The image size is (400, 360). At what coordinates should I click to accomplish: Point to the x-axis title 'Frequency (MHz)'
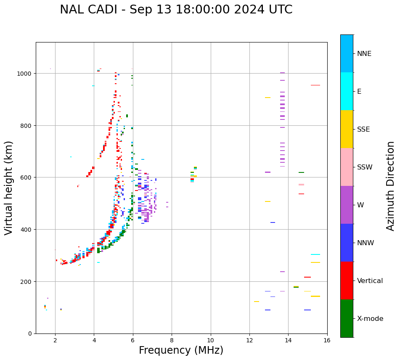(x=181, y=350)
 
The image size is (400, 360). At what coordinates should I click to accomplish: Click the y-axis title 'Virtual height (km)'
(x=9, y=188)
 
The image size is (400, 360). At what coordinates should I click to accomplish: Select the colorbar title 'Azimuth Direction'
(x=391, y=186)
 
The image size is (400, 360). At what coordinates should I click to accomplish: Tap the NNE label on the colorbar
(x=364, y=53)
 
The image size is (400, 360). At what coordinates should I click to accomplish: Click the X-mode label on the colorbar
(x=370, y=319)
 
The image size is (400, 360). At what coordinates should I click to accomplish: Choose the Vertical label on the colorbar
(x=370, y=281)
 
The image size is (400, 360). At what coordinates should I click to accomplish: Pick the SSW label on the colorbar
(x=365, y=167)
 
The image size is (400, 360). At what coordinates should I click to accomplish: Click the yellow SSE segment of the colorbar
(x=347, y=129)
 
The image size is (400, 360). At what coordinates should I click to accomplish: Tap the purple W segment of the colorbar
(x=347, y=205)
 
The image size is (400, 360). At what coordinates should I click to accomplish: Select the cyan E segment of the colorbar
(x=347, y=91)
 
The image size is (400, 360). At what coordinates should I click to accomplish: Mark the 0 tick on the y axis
(x=30, y=334)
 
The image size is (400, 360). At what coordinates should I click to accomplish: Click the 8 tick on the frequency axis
(x=172, y=340)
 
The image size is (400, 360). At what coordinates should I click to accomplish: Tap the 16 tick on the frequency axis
(x=327, y=340)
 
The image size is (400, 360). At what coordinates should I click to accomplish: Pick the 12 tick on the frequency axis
(x=249, y=340)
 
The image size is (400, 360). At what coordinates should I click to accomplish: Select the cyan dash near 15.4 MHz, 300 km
(x=315, y=254)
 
